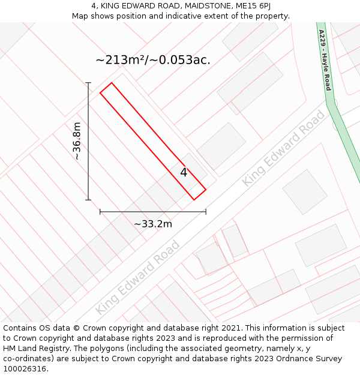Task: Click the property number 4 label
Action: click(x=184, y=173)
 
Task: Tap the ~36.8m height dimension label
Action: click(x=76, y=141)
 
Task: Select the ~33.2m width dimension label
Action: click(x=153, y=224)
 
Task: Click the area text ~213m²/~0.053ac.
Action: click(x=153, y=60)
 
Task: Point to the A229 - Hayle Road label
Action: click(x=325, y=60)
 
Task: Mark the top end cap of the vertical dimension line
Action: click(x=88, y=83)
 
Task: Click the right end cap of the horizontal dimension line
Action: click(x=206, y=212)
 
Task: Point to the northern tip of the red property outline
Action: click(x=111, y=83)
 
